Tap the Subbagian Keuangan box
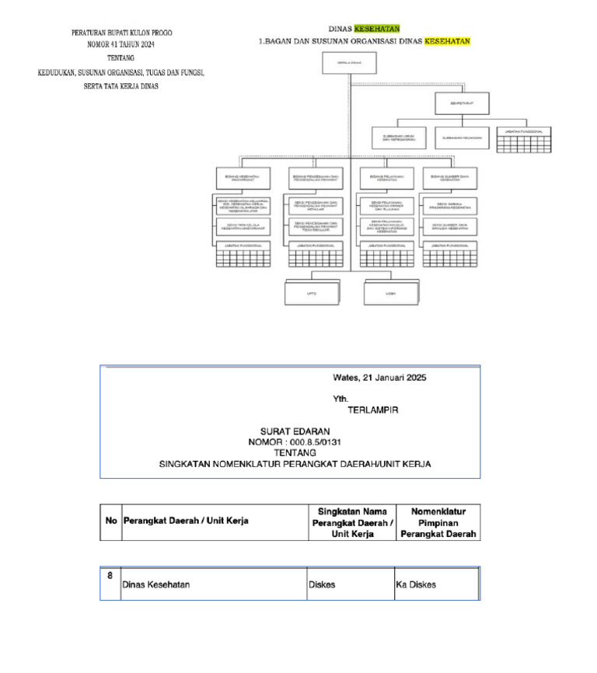click(462, 138)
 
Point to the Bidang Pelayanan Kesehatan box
click(386, 178)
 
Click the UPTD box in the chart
click(311, 294)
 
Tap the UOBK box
click(390, 294)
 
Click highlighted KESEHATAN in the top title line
click(377, 28)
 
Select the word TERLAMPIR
click(373, 410)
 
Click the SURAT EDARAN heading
click(295, 431)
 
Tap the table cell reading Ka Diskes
click(416, 584)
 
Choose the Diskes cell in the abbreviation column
click(322, 584)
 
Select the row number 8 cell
click(110, 577)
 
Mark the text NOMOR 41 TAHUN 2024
click(121, 45)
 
